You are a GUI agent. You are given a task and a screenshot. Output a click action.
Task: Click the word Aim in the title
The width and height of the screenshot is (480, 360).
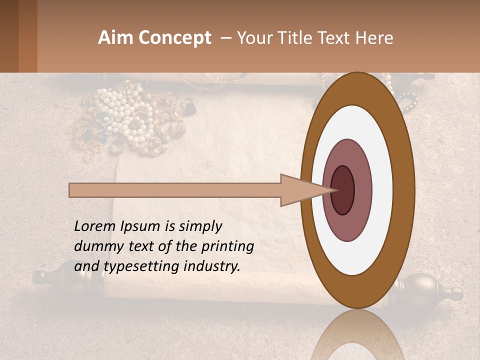tap(115, 38)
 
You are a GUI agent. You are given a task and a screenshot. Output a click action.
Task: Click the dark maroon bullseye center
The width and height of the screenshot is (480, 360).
tap(343, 190)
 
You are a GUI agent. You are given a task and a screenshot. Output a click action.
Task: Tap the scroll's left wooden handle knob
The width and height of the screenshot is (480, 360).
tap(42, 276)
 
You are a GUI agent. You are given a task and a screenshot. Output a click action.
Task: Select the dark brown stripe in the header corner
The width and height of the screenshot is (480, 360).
tap(9, 36)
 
